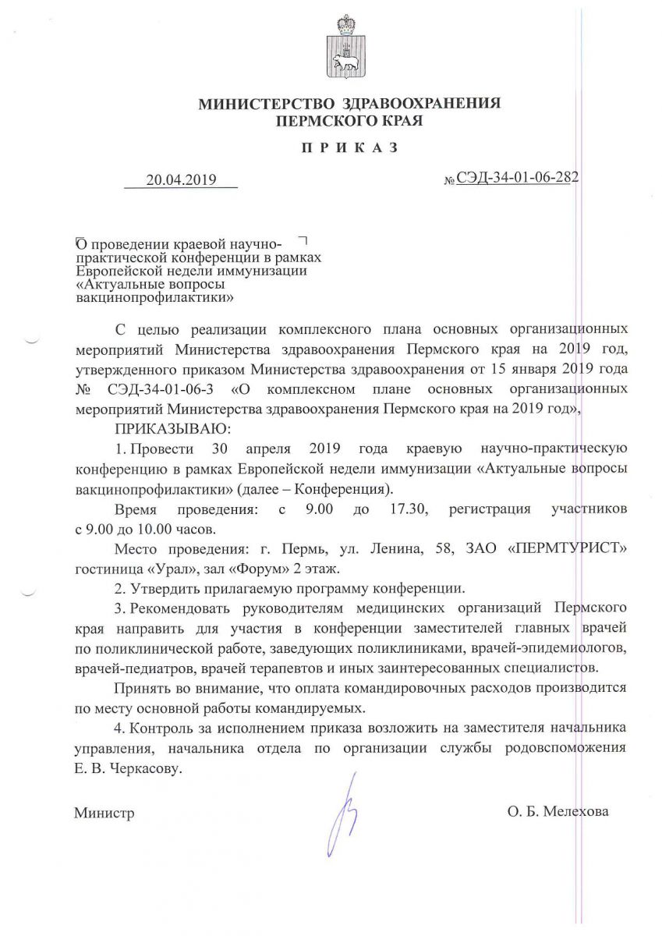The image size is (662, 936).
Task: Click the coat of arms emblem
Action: pos(343,48)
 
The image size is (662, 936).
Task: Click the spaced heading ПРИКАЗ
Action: pos(349,147)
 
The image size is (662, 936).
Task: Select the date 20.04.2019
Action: pos(180,180)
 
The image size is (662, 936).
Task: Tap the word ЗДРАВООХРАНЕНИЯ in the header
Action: pos(421,105)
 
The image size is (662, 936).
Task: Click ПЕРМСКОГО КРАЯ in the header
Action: pos(349,121)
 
